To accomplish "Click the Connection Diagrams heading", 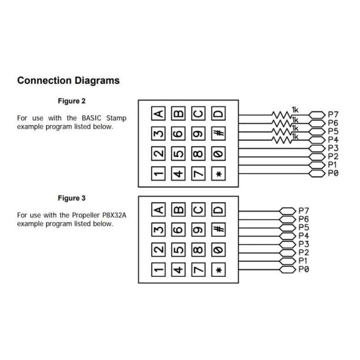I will click(68, 81).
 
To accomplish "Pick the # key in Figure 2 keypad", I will click(218, 134).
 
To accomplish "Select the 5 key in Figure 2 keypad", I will click(179, 154).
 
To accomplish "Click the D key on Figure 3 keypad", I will click(218, 210).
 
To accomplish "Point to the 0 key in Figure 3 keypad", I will click(218, 249).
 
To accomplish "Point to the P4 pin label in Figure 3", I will click(304, 236).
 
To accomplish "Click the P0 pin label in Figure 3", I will click(304, 270).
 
